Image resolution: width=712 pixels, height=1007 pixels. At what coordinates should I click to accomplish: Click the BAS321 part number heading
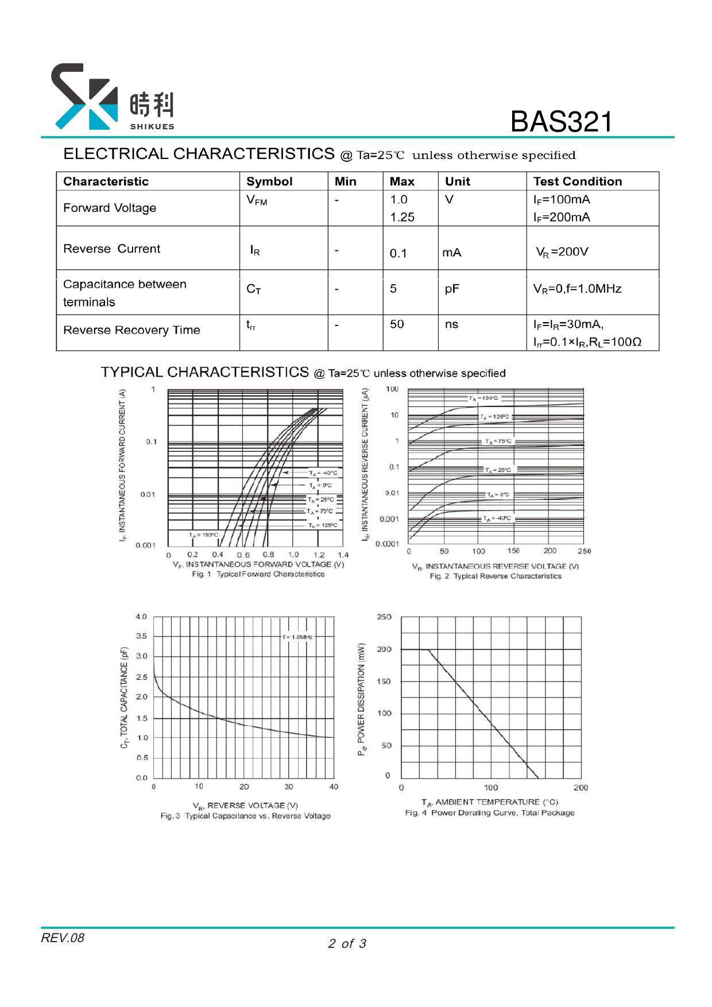pos(561,122)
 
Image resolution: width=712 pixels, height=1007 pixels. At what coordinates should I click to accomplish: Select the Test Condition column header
pos(577,181)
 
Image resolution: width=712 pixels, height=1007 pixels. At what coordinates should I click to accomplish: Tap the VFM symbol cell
pos(257,200)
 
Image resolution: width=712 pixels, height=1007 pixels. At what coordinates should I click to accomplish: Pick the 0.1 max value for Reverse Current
pos(398,253)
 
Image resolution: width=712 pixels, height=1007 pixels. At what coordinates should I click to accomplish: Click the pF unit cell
pos(452,289)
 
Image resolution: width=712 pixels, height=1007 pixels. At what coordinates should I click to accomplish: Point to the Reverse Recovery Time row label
pos(131,330)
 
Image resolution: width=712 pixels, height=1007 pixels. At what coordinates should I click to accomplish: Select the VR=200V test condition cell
pos(562,252)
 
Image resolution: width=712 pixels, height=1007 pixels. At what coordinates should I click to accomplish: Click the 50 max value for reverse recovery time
pos(397,324)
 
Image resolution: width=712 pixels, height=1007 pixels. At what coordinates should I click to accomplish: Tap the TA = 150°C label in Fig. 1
pos(203,535)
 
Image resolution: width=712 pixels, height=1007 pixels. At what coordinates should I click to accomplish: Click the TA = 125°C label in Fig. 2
pos(495,417)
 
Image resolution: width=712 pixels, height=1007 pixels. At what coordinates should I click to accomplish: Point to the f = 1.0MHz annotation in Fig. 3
pos(298,637)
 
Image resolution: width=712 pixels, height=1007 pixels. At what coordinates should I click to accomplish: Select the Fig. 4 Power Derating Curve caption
pos(489,813)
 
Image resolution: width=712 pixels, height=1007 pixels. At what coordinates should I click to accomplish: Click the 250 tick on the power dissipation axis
pos(384,617)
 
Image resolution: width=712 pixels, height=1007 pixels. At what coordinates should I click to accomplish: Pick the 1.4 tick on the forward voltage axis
pos(343,555)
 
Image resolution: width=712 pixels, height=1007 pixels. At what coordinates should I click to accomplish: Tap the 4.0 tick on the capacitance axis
pos(141,617)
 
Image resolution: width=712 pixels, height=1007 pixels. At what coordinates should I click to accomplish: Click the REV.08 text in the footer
pos(63,938)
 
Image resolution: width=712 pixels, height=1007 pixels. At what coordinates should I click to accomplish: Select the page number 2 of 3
pos(347,944)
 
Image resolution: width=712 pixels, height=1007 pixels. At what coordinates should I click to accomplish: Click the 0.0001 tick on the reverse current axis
pos(387,544)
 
